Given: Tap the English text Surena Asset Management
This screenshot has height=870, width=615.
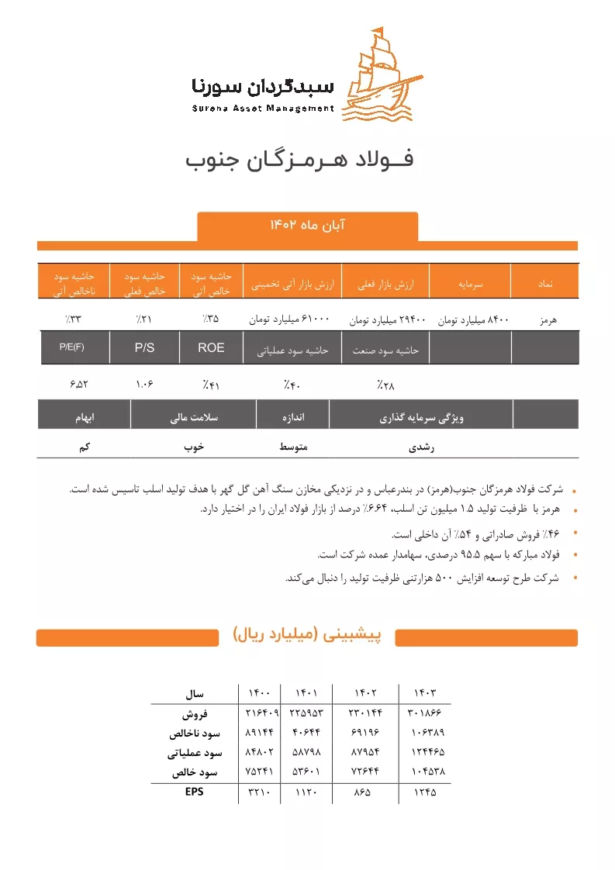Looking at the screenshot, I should (263, 109).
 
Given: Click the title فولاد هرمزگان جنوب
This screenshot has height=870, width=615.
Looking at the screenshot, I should (299, 160).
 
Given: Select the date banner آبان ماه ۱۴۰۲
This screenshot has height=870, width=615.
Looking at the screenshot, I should (307, 225).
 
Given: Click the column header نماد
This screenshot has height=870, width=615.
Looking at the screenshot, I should (544, 285).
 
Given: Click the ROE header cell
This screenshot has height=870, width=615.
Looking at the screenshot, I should (211, 348).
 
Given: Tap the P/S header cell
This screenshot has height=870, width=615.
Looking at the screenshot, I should (144, 348).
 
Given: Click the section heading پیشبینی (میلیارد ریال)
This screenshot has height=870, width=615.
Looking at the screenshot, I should (308, 636).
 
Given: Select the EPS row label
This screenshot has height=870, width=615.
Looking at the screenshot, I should (190, 792).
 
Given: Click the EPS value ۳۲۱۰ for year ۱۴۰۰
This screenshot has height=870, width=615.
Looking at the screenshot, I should (258, 792).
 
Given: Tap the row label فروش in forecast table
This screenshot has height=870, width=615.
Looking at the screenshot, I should (194, 713).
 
